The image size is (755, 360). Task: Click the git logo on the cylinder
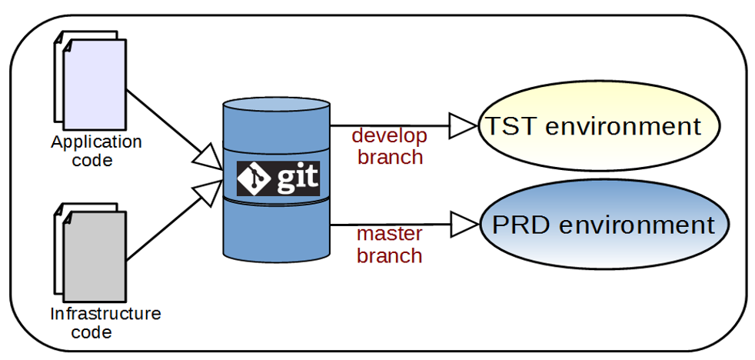tap(278, 180)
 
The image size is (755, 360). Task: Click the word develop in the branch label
tap(389, 136)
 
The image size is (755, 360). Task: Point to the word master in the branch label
tap(389, 235)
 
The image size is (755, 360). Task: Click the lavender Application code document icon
tap(94, 83)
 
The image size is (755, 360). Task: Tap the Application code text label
tap(95, 151)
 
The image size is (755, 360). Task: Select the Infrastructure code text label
tap(105, 322)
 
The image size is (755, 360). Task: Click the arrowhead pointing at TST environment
tap(464, 125)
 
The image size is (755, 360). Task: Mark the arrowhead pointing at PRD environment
tap(464, 225)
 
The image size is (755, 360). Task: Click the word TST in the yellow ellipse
tap(510, 126)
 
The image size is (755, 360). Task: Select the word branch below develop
tap(389, 157)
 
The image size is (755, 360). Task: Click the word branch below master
tap(389, 255)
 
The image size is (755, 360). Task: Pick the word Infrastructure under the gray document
tap(105, 314)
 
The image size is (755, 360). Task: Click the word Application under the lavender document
tap(96, 142)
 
